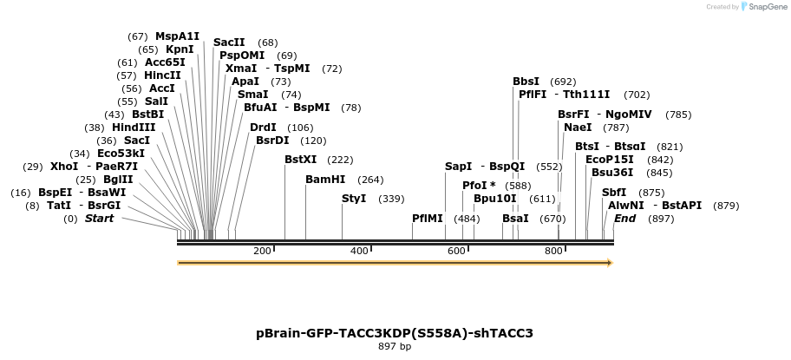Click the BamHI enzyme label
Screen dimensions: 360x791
pos(325,180)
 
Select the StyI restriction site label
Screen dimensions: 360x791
pos(354,199)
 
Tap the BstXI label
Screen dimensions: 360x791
pos(301,160)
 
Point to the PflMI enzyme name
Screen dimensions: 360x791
pos(428,219)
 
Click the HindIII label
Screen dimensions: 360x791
pos(133,128)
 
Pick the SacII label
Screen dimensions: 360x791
pos(229,43)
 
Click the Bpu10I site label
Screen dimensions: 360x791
pos(495,199)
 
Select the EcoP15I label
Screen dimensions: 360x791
pos(610,160)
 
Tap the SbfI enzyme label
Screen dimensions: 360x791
pos(614,193)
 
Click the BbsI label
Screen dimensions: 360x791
pos(526,82)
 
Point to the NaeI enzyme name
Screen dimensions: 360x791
pos(578,128)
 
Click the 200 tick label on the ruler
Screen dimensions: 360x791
pos(262,251)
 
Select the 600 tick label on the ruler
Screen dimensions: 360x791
pos(456,251)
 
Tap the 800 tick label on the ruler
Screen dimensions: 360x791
pos(553,251)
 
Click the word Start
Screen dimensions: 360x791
pos(99,219)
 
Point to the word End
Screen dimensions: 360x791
pos(625,219)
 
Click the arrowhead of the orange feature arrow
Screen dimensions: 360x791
pos(609,262)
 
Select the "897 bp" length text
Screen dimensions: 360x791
pos(395,347)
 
